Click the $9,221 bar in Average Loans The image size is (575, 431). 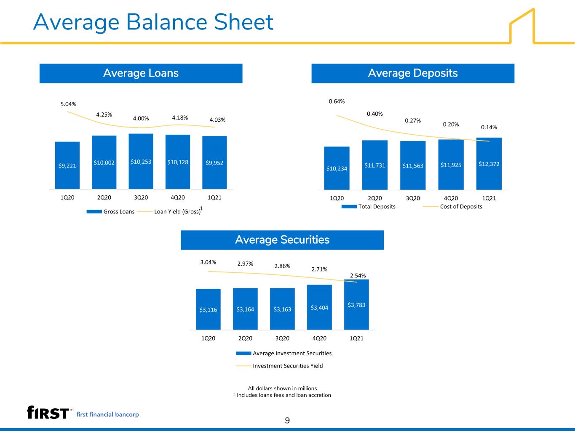(67, 165)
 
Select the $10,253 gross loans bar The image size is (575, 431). (141, 161)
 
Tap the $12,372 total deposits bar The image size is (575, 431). (489, 164)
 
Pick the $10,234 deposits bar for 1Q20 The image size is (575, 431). (337, 168)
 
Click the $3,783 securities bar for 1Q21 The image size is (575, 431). (356, 305)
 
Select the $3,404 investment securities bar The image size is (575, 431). (319, 307)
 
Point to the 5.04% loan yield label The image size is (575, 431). (68, 104)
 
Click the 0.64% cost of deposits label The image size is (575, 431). (337, 101)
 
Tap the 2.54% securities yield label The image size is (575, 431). (358, 276)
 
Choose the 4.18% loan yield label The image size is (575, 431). (180, 118)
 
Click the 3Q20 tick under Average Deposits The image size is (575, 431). (413, 198)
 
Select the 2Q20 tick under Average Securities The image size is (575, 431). (245, 338)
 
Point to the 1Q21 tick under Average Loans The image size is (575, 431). (214, 197)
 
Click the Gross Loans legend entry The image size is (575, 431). (110, 211)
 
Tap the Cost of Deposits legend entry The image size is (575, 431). (452, 207)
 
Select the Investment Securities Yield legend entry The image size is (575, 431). (279, 366)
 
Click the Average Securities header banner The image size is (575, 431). (282, 240)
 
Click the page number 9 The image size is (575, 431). (287, 420)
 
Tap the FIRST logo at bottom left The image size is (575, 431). (48, 412)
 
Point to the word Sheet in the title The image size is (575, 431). (243, 22)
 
